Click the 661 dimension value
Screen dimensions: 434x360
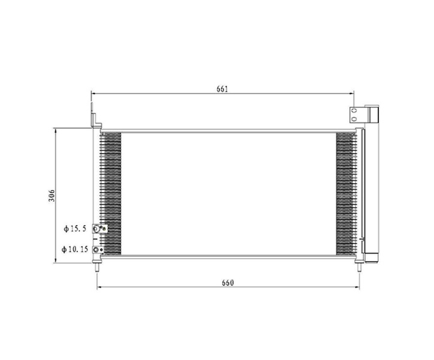[x=222, y=89]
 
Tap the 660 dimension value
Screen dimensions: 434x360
[x=228, y=283]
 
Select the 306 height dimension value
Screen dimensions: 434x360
[x=52, y=196]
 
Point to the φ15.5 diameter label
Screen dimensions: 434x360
[x=75, y=229]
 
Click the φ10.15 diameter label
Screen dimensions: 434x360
[x=75, y=250]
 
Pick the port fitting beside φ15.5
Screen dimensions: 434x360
[x=100, y=229]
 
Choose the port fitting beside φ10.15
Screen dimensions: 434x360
[x=98, y=250]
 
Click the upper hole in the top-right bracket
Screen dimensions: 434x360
[x=354, y=111]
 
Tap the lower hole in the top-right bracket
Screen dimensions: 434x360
[x=354, y=119]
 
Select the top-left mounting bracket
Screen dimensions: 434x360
[x=95, y=116]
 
